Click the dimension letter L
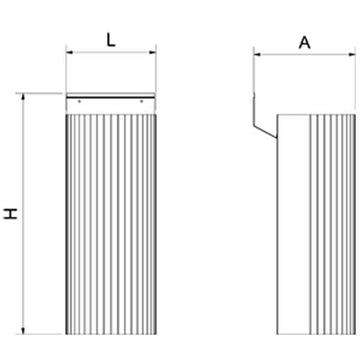pyautogui.click(x=111, y=40)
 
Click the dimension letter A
pyautogui.click(x=305, y=43)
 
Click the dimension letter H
pyautogui.click(x=10, y=214)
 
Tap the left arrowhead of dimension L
pyautogui.click(x=70, y=52)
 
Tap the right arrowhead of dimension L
pyautogui.click(x=152, y=52)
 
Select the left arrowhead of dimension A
pyautogui.click(x=257, y=55)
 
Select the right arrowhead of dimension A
pyautogui.click(x=352, y=55)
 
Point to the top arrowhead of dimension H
pyautogui.click(x=23, y=97)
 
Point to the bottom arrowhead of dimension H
pyautogui.click(x=23, y=331)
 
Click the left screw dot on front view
pyautogui.click(x=79, y=101)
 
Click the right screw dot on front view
pyautogui.click(x=142, y=101)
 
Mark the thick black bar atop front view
pyautogui.click(x=110, y=98)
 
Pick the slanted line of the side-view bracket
pyautogui.click(x=265, y=132)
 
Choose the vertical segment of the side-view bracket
pyautogui.click(x=254, y=109)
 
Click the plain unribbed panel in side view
pyautogui.click(x=293, y=224)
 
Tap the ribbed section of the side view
pyautogui.click(x=332, y=224)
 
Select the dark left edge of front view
pyautogui.click(x=67, y=224)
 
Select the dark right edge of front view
pyautogui.click(x=155, y=224)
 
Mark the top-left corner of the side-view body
pyautogui.click(x=277, y=115)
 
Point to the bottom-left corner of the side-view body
pyautogui.click(x=277, y=334)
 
